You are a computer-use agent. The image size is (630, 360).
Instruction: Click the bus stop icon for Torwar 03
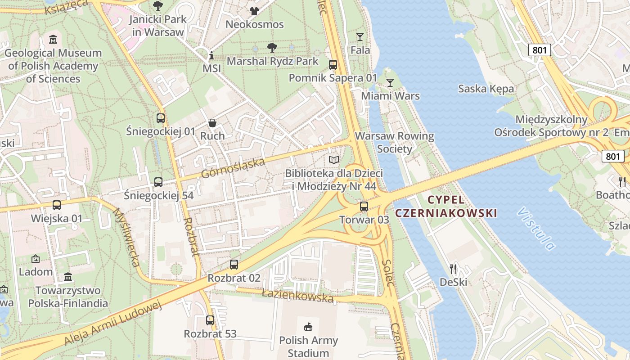pos(364,207)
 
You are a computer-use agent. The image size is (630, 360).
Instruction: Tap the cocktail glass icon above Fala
pos(360,37)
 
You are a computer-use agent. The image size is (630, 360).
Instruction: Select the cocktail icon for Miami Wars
pos(390,83)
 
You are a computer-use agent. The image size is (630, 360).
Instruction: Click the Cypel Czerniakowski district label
pos(446,206)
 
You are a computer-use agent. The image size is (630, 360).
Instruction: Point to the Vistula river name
pos(536,229)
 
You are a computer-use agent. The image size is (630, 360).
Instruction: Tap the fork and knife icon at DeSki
pos(454,269)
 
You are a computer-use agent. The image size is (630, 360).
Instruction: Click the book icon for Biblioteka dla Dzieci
pos(333,160)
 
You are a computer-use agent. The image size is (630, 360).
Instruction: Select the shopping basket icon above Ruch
pos(212,123)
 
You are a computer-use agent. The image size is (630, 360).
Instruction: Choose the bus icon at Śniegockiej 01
pos(161,118)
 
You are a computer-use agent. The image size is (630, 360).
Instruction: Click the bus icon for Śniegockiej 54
pos(158,182)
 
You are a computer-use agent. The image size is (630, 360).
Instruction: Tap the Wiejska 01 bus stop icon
pos(57,205)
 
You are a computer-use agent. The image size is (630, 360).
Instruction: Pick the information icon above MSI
pos(211,56)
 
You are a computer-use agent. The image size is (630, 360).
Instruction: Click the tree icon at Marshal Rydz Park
pos(272,48)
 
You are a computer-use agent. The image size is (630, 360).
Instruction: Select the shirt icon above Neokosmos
pos(254,11)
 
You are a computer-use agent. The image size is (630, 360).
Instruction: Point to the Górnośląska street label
pos(233,167)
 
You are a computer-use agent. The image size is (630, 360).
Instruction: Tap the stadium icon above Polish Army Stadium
pos(308,326)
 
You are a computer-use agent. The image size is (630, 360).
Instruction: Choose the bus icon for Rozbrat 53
pos(210,320)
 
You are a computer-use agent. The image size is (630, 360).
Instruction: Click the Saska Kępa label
pos(486,89)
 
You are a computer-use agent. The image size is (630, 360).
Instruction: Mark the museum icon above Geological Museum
pos(53,40)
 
